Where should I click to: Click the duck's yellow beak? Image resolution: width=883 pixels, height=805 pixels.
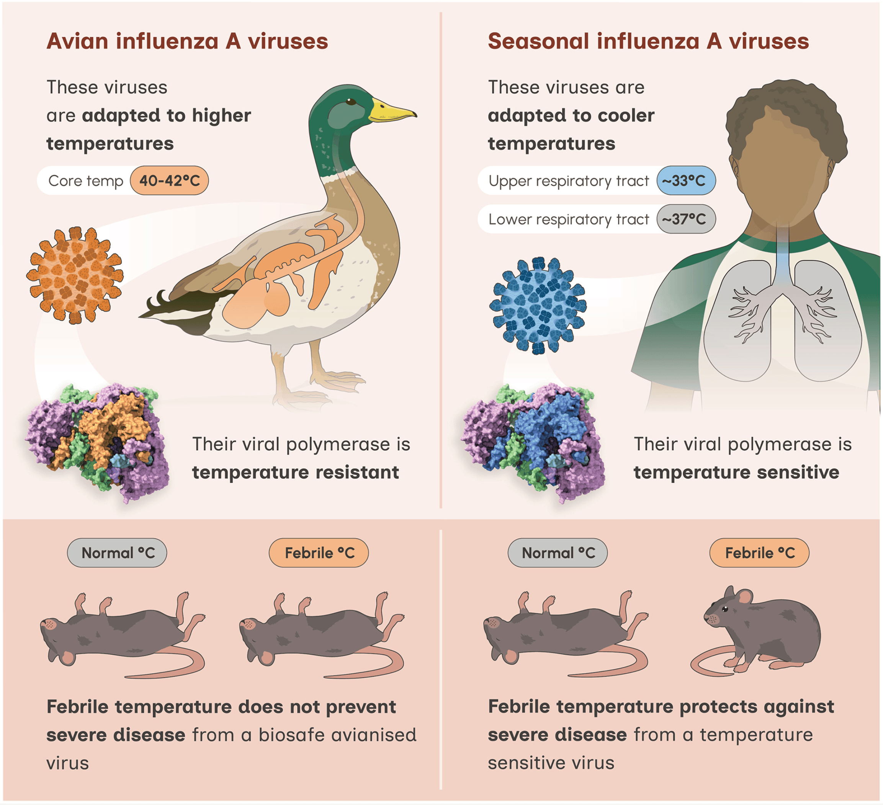[x=391, y=110]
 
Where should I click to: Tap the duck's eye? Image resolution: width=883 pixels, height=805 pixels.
[x=351, y=102]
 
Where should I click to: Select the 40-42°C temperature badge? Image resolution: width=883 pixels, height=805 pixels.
[x=170, y=180]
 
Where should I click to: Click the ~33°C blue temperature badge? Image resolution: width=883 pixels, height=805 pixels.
[x=685, y=180]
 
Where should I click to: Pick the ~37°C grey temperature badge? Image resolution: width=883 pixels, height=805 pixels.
[x=685, y=219]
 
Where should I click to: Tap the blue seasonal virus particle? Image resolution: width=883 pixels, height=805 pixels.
[x=538, y=306]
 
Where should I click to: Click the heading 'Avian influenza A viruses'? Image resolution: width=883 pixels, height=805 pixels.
[x=187, y=42]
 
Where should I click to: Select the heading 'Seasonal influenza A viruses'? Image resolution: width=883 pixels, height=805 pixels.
[x=648, y=42]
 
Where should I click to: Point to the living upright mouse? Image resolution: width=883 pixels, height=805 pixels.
[x=762, y=631]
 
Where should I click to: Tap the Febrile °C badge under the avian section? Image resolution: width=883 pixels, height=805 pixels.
[x=319, y=553]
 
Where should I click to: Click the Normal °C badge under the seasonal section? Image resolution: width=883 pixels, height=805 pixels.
[x=558, y=553]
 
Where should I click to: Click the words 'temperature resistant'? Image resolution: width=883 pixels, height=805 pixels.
[x=296, y=473]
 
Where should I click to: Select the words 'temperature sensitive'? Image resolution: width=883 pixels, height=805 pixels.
[x=736, y=473]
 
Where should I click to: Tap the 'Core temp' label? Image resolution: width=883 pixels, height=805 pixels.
[x=86, y=181]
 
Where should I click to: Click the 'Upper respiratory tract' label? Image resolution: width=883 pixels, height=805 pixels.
[x=569, y=181]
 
